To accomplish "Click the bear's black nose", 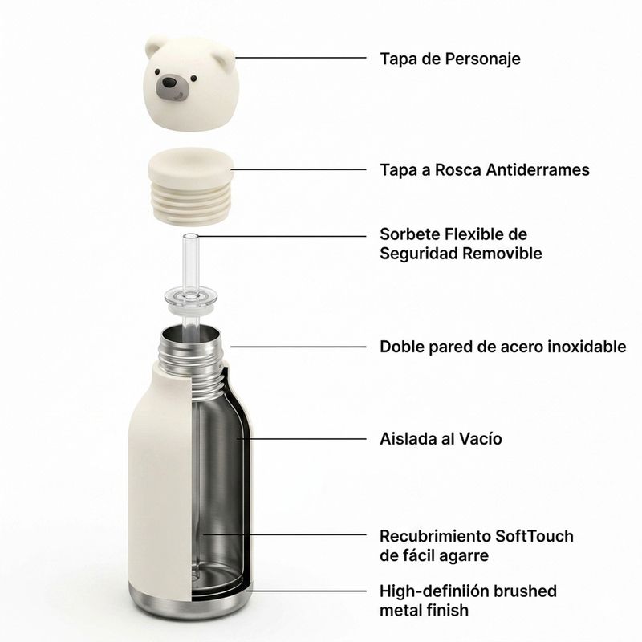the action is click(x=169, y=83).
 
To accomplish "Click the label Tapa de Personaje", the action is click(x=450, y=59).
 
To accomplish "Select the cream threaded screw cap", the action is click(x=191, y=186).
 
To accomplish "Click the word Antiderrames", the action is click(x=538, y=169).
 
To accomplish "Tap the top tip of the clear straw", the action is click(x=190, y=235).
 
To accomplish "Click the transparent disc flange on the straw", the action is click(x=191, y=299).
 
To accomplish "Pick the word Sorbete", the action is click(x=409, y=234).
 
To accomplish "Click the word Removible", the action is click(x=502, y=253).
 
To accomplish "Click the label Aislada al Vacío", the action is click(x=441, y=438).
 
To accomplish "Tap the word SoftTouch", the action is click(x=534, y=535).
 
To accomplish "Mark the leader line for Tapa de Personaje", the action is click(x=300, y=58).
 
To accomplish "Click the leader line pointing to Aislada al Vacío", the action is click(x=302, y=438).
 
